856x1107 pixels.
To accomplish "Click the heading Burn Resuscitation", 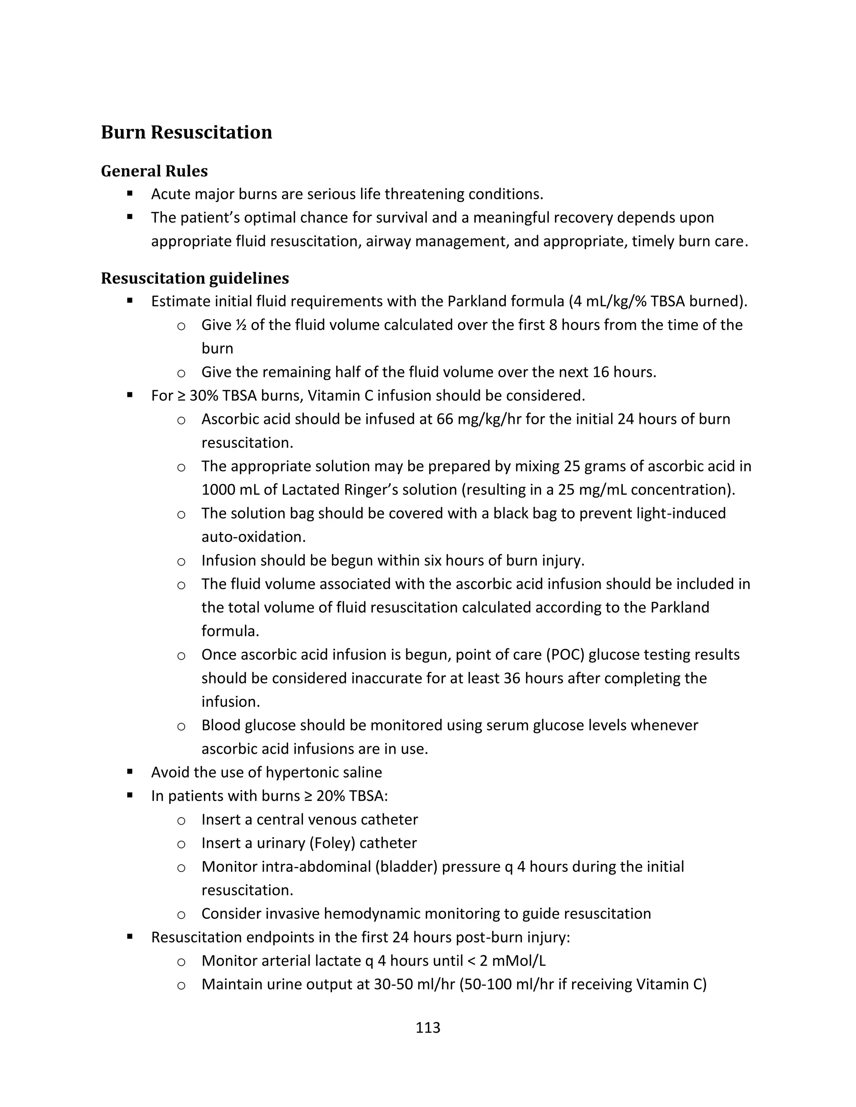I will pos(186,132).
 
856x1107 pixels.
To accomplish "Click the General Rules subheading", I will pos(154,171).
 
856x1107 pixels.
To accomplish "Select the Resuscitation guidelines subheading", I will pos(195,278).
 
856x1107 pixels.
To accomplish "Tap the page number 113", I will pos(428,1028).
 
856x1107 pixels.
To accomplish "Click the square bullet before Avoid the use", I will pos(130,772).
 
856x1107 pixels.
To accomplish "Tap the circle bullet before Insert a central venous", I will pos(181,820).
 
